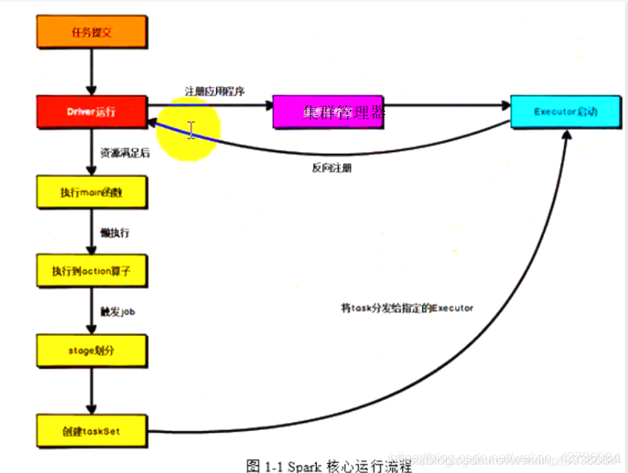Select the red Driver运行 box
(x=92, y=112)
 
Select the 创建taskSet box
(x=92, y=430)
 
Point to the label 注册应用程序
(x=215, y=91)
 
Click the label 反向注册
(x=331, y=168)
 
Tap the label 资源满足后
(x=125, y=153)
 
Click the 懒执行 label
(x=114, y=232)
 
